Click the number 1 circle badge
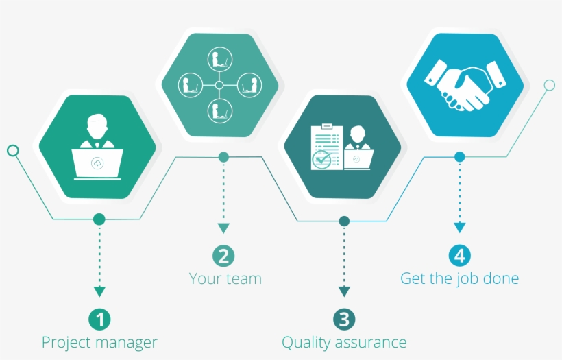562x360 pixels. [99, 319]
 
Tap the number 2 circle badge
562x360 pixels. [223, 256]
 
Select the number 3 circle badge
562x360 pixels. [344, 319]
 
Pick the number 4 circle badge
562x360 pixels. [459, 256]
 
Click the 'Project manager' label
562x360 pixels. [99, 342]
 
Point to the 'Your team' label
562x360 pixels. [225, 278]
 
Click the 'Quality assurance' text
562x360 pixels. [344, 342]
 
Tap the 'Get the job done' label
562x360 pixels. [459, 278]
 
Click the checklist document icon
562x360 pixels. [325, 146]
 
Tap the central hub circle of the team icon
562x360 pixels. [219, 85]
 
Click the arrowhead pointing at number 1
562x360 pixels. [99, 291]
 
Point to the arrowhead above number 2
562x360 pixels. [223, 228]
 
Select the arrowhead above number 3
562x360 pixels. [344, 291]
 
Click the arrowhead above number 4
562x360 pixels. [459, 228]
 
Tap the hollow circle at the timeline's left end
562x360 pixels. [12, 150]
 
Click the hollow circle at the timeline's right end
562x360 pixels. [549, 85]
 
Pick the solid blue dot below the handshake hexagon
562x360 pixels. [459, 157]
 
